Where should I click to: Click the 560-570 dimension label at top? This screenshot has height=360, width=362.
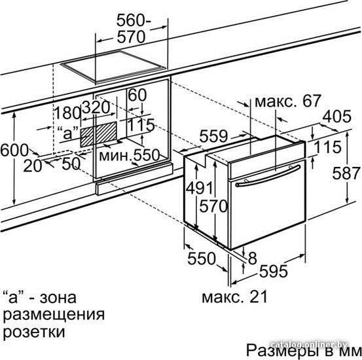pos(134,29)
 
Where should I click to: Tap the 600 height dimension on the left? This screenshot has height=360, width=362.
pos(14,151)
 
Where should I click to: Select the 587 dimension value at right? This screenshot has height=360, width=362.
pos(346,173)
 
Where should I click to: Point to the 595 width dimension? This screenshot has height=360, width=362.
pos(274,271)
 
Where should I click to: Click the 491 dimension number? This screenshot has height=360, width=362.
pos(200,187)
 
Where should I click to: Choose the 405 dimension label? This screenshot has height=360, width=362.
pos(337,117)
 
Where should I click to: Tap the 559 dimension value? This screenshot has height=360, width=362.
pos(213,136)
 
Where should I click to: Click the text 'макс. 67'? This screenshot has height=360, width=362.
pos(287,101)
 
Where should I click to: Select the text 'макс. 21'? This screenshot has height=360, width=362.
pos(234,297)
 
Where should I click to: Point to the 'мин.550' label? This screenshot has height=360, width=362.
pos(130,155)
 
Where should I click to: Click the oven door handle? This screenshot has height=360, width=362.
pos(268,176)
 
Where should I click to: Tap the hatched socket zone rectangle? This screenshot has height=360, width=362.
pos(99,134)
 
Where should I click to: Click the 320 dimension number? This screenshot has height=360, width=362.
pos(96,107)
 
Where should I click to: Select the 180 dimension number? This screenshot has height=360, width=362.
pos(67,113)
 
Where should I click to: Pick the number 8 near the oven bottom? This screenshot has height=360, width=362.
pos(252,258)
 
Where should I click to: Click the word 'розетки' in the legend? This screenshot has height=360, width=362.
pos(34,332)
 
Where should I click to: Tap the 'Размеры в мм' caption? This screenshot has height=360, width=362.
pos(303,350)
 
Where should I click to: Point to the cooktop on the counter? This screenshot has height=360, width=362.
pos(113,67)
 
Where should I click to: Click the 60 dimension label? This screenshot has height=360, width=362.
pos(137,95)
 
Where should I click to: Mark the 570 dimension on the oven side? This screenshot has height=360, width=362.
pos(213,206)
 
